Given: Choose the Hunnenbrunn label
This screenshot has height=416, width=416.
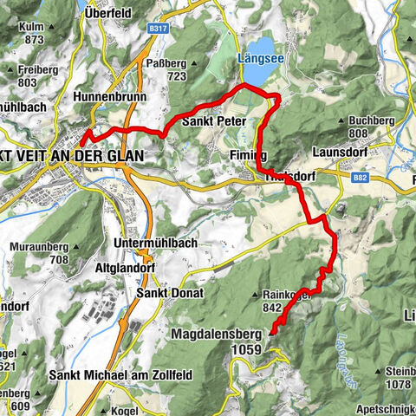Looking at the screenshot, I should (110, 97).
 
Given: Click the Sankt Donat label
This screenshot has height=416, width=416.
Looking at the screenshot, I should (170, 293).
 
